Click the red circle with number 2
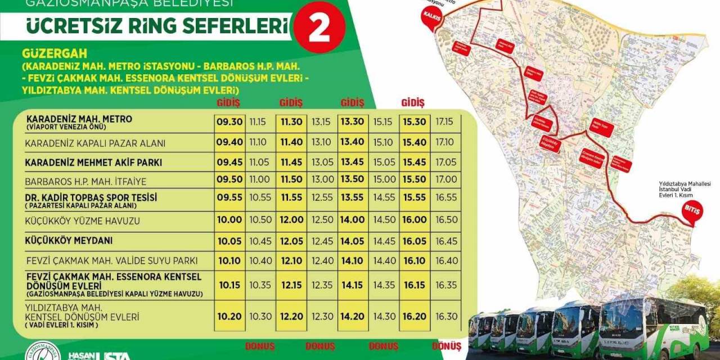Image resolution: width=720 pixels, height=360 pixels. click(319, 29)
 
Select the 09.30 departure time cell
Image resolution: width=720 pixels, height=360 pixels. click(229, 121)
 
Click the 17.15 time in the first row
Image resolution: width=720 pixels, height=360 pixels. click(444, 121)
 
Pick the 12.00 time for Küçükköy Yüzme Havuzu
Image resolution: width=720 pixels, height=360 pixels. click(291, 220)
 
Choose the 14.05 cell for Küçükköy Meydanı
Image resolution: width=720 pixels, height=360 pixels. click(352, 241)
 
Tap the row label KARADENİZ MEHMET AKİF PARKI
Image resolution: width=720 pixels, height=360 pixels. click(93, 163)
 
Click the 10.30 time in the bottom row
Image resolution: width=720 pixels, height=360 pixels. click(260, 316)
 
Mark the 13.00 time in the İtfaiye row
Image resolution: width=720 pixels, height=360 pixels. click(322, 179)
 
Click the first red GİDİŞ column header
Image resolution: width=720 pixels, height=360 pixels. click(228, 102)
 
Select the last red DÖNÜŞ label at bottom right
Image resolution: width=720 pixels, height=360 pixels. click(447, 346)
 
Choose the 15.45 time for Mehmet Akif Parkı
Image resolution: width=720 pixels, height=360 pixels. click(413, 163)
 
